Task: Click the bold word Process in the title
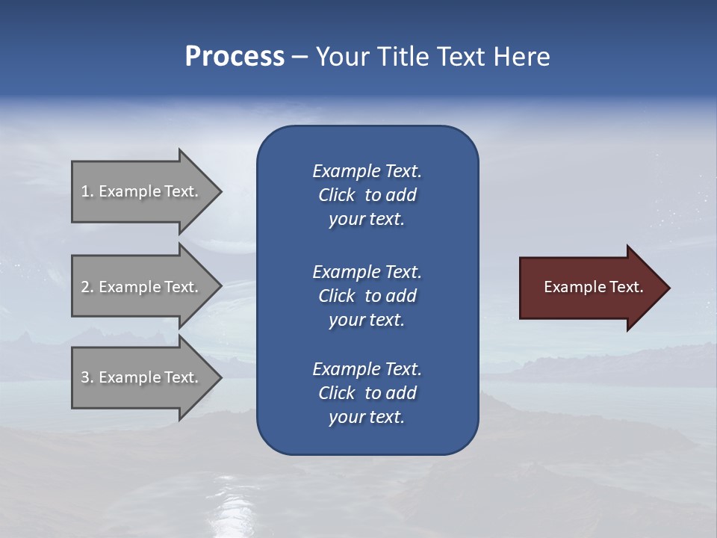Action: point(235,57)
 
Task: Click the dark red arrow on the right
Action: point(590,287)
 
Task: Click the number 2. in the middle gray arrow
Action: point(87,287)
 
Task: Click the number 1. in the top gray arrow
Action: point(87,191)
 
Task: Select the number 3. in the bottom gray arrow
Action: point(87,377)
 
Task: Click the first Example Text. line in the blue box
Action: point(367,171)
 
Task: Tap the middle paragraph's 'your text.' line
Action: point(367,320)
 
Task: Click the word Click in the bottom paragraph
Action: point(336,393)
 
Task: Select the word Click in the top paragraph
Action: point(336,195)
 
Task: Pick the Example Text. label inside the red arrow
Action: point(593,287)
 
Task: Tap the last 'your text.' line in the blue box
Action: point(367,417)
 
